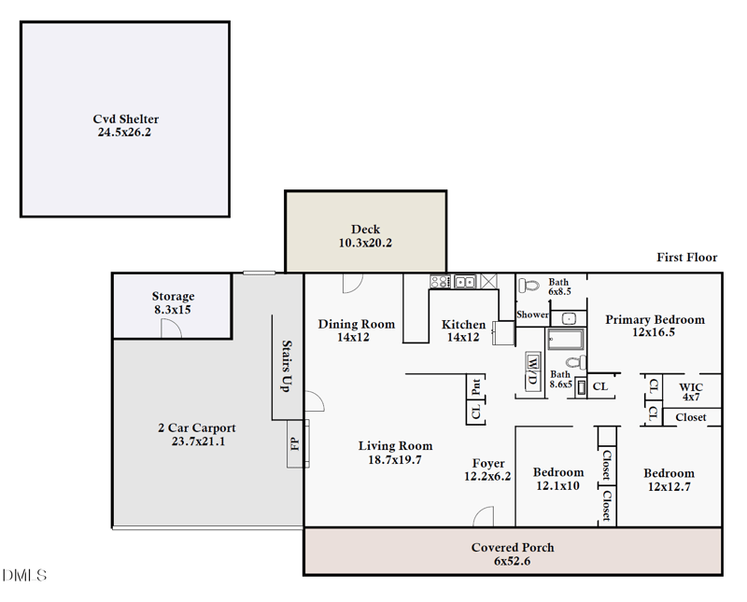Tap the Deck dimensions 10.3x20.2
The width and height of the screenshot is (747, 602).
tap(365, 243)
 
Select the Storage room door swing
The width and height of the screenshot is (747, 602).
tap(171, 329)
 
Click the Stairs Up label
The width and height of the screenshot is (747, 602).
tap(287, 366)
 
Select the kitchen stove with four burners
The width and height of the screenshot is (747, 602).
tap(440, 282)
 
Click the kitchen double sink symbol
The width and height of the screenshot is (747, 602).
tap(465, 282)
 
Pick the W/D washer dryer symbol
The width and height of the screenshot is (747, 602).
tap(532, 371)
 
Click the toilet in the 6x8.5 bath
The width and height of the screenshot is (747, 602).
tap(529, 286)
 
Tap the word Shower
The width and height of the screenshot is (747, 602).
tap(532, 315)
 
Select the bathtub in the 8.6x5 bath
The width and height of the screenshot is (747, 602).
tap(566, 340)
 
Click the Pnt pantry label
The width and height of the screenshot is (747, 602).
tap(475, 386)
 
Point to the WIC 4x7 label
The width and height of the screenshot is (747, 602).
tap(691, 392)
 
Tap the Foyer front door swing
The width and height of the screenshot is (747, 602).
tap(484, 516)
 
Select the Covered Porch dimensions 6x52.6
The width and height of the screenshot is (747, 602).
tap(512, 561)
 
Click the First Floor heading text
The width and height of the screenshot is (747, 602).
tap(687, 258)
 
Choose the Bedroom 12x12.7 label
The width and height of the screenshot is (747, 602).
tap(669, 480)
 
